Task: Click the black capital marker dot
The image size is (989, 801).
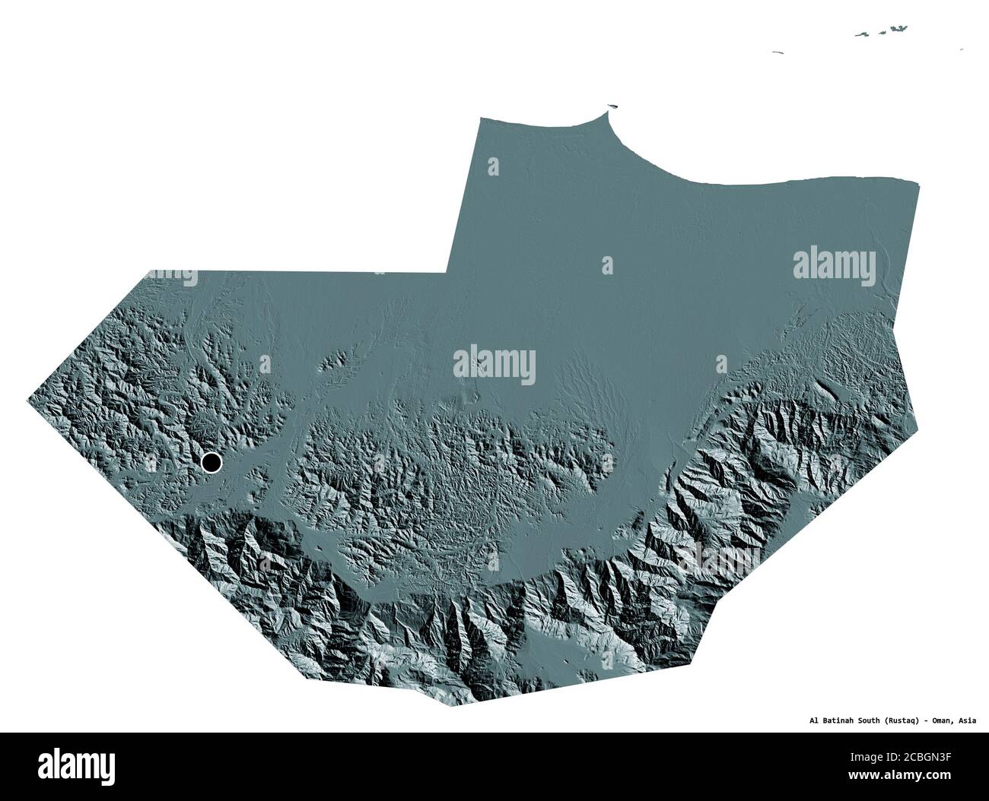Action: [211, 461]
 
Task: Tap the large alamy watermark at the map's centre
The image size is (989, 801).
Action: [494, 366]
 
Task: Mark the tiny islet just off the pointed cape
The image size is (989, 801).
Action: [613, 107]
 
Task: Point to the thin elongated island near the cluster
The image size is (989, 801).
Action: [777, 52]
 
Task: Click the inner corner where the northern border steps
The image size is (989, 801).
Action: [449, 271]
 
